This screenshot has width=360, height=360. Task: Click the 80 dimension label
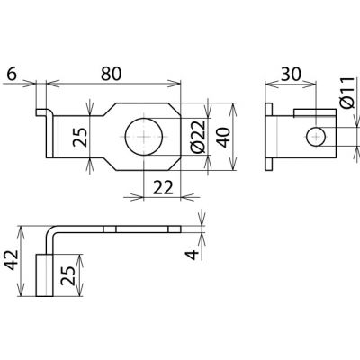click(111, 74)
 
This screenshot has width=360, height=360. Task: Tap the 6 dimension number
click(11, 74)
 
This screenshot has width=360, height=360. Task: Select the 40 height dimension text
click(224, 138)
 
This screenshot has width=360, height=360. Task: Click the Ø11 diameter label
click(347, 93)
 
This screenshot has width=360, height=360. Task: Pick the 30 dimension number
click(291, 74)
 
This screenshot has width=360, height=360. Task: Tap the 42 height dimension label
click(13, 260)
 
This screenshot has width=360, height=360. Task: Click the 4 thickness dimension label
click(193, 255)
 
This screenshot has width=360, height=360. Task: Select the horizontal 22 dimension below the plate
click(163, 188)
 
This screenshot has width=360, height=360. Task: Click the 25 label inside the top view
click(80, 138)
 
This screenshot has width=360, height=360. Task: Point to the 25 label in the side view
click(67, 275)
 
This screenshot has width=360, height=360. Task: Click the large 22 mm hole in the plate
click(144, 137)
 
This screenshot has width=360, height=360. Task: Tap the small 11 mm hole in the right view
click(316, 137)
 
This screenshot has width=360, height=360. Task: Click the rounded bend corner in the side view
click(49, 230)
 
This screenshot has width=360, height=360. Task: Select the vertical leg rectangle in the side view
click(45, 275)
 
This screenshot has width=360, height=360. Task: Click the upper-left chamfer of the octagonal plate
click(110, 110)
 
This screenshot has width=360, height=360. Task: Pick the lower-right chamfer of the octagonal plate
click(175, 164)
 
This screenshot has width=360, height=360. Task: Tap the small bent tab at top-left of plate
click(43, 112)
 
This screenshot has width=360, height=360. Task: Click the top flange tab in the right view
click(269, 109)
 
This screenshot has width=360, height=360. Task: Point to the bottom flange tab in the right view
click(269, 165)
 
